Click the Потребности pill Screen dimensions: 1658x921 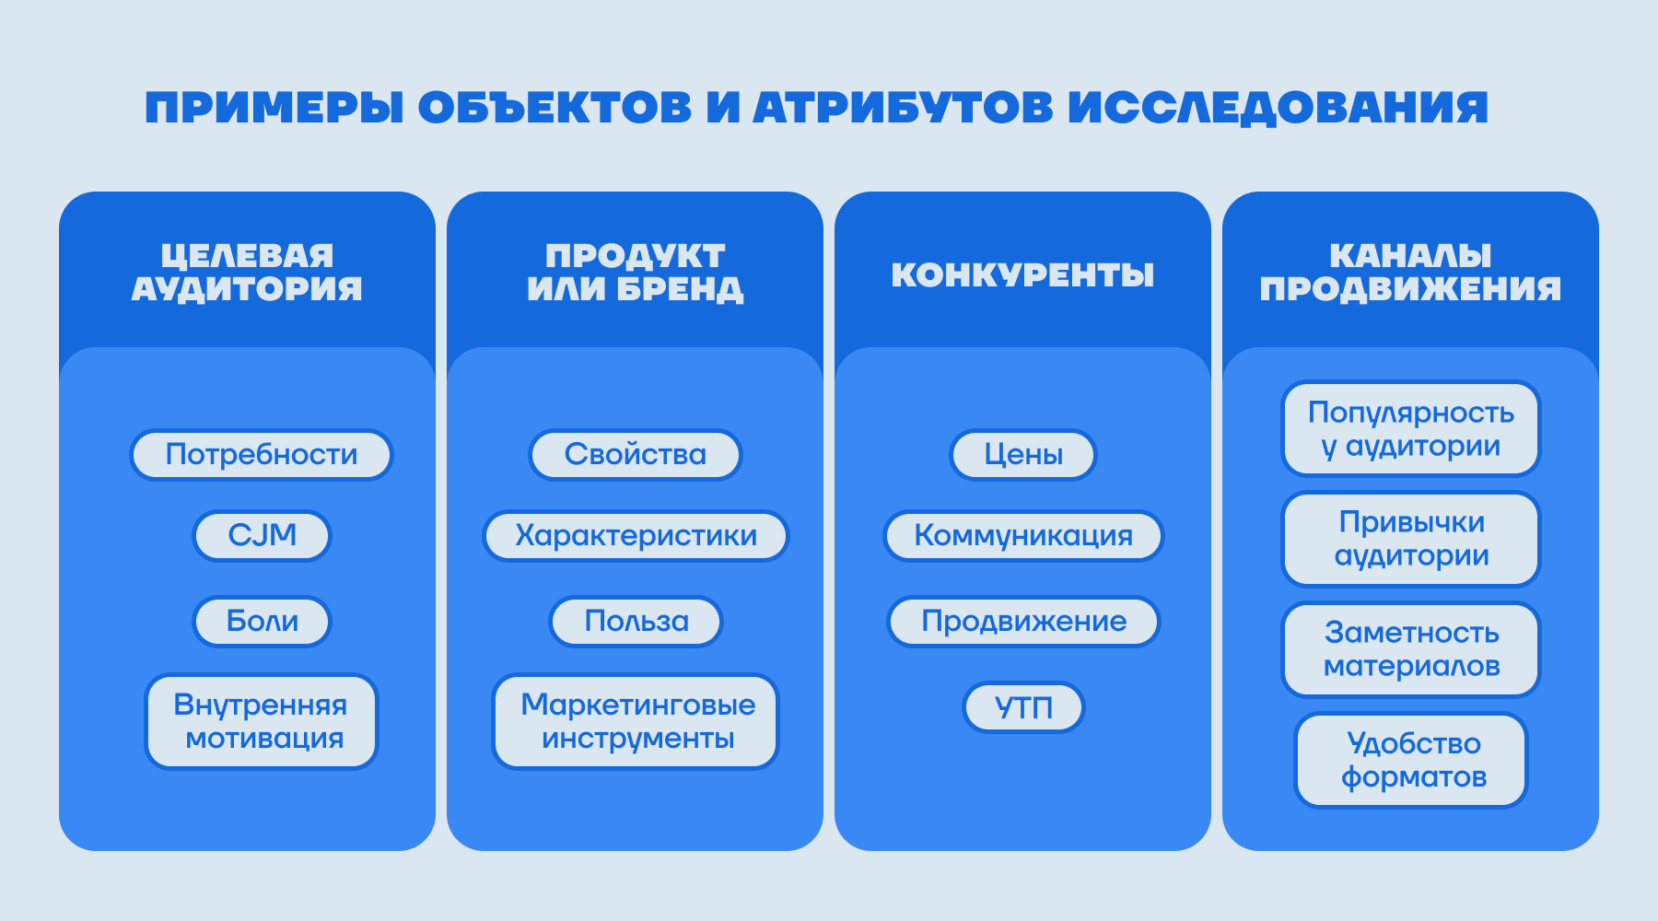pyautogui.click(x=262, y=455)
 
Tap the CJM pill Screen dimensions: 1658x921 pyautogui.click(x=262, y=535)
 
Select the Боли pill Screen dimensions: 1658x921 pyautogui.click(x=262, y=622)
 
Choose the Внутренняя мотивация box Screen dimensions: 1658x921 pyautogui.click(x=262, y=722)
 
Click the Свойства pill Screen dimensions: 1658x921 pyautogui.click(x=636, y=455)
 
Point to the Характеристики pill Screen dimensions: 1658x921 pyautogui.click(x=636, y=535)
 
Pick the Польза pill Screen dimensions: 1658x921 pyautogui.click(x=636, y=622)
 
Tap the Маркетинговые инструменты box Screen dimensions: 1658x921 pyautogui.click(x=636, y=722)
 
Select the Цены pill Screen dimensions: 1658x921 pyautogui.click(x=1023, y=455)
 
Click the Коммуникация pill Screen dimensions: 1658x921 pyautogui.click(x=1023, y=535)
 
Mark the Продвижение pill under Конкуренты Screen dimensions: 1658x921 pyautogui.click(x=1023, y=622)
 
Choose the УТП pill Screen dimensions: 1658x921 pyautogui.click(x=1023, y=707)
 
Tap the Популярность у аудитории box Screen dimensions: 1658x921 pyautogui.click(x=1411, y=429)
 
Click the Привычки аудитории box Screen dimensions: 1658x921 pyautogui.click(x=1411, y=540)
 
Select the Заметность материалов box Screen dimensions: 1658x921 pyautogui.click(x=1411, y=650)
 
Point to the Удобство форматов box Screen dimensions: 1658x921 pyautogui.click(x=1411, y=761)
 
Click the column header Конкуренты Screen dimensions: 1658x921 pyautogui.click(x=1022, y=275)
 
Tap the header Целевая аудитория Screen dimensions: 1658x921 pyautogui.click(x=247, y=273)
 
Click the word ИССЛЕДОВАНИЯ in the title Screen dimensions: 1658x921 pyautogui.click(x=1279, y=108)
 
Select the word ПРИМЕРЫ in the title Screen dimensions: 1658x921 pyautogui.click(x=274, y=108)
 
